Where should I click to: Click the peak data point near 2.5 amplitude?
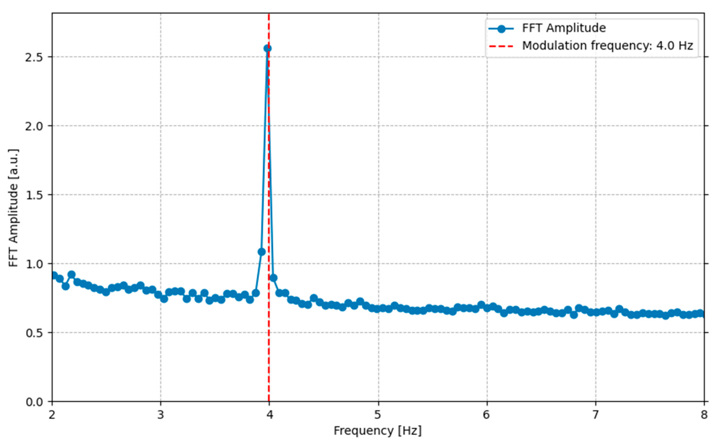267,48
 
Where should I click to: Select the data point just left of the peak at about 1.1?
262,252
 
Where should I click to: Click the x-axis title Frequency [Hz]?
378,431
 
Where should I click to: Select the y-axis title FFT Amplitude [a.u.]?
13,208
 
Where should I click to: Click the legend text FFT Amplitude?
564,28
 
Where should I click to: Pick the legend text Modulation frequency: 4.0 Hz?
607,46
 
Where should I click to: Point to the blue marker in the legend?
501,29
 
